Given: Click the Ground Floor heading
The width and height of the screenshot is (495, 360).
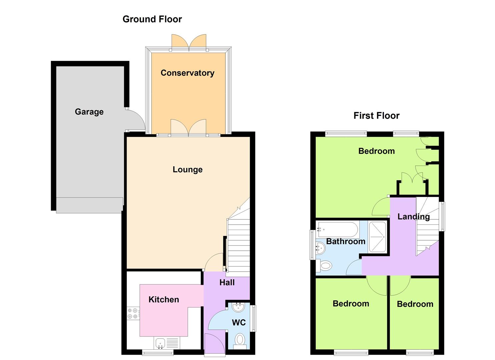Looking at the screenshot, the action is tap(152, 19).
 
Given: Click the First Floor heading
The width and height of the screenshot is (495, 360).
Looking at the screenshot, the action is tap(377, 116).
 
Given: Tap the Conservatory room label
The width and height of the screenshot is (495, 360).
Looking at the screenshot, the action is tap(187, 73).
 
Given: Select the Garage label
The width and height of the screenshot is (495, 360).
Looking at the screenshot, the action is tap(89, 112).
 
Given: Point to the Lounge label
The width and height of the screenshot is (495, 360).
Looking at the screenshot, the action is tap(188, 170).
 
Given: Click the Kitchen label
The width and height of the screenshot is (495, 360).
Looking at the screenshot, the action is tap(164, 299).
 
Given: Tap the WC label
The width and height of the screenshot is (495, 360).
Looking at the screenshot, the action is tap(239, 323).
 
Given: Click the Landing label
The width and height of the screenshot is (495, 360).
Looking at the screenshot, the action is tap(414, 217).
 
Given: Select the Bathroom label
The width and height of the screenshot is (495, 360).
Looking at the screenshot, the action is tap(346, 241).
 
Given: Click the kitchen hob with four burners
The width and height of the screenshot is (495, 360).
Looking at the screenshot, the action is tap(133, 314).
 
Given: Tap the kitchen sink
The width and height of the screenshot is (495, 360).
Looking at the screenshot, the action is tap(160, 343).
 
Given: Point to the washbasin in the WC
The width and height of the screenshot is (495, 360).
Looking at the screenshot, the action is tap(238, 307).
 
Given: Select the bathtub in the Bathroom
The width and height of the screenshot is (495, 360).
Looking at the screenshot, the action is tap(338, 230).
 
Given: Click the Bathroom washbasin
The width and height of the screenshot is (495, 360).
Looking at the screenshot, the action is tap(320, 248).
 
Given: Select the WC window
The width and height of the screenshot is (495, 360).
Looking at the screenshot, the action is tap(254, 318).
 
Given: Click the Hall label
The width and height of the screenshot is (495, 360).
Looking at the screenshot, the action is tap(227, 282).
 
